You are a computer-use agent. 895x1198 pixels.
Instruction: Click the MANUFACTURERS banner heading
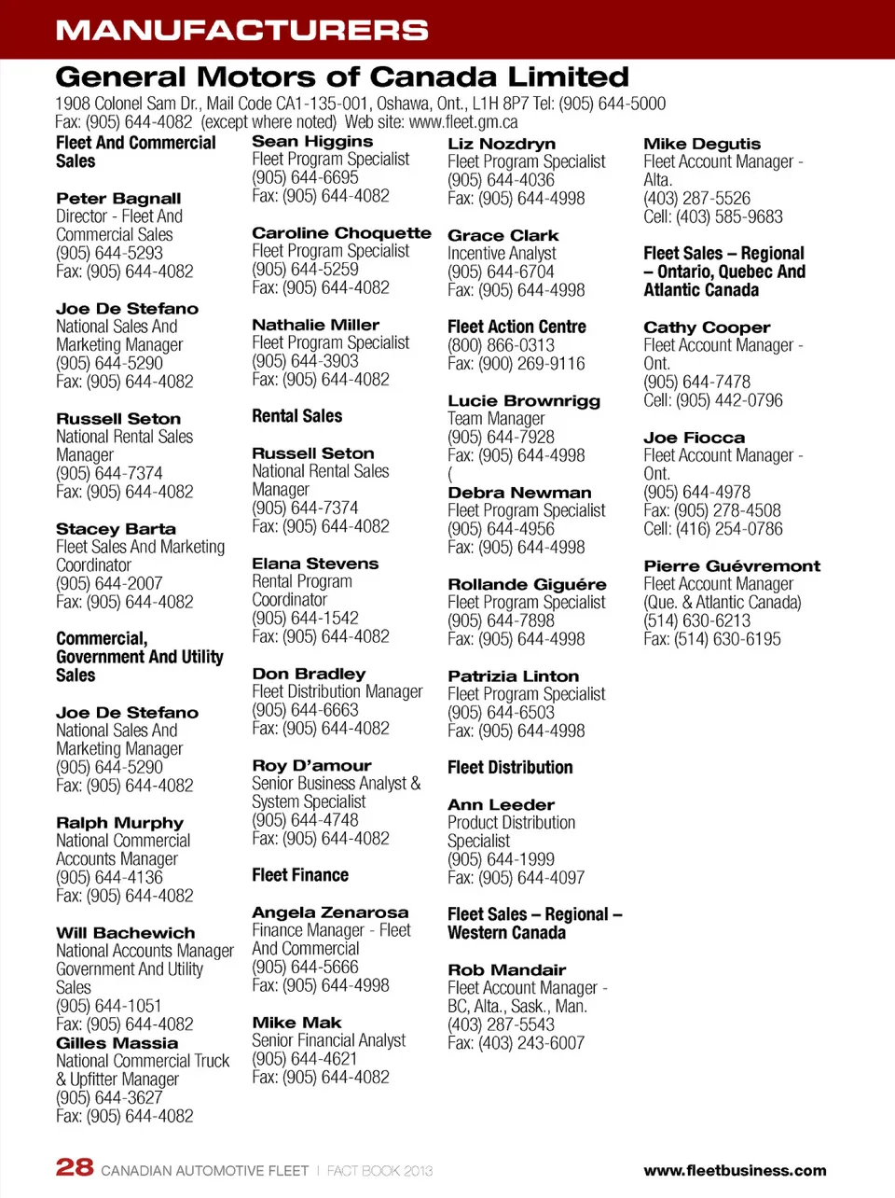click(x=241, y=30)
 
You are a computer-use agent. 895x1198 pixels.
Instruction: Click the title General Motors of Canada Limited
click(x=342, y=77)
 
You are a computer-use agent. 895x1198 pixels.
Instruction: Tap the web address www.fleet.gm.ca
click(x=463, y=122)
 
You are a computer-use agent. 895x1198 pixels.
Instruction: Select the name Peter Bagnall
click(x=118, y=199)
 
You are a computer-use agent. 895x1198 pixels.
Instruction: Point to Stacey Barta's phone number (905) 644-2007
click(x=109, y=583)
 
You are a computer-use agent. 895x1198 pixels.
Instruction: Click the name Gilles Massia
click(x=117, y=1043)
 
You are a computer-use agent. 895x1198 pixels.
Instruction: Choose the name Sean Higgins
click(x=312, y=142)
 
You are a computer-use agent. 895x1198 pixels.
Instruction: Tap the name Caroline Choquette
click(x=341, y=233)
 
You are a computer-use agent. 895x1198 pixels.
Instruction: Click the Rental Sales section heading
click(x=296, y=416)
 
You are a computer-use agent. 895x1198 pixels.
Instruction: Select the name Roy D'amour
click(x=311, y=766)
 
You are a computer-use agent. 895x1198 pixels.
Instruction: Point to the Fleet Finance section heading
click(x=300, y=875)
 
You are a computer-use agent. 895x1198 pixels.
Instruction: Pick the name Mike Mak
click(x=296, y=1023)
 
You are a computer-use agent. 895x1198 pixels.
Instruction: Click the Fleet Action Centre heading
click(x=516, y=327)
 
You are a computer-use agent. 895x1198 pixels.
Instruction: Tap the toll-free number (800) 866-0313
click(x=501, y=345)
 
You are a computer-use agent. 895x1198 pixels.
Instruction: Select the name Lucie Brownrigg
click(x=524, y=401)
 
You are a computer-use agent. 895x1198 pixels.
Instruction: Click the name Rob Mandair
click(x=506, y=970)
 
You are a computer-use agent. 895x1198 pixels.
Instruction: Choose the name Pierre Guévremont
click(x=732, y=566)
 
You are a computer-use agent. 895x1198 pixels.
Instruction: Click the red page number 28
click(x=75, y=1167)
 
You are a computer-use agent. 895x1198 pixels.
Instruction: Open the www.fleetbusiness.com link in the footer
click(x=735, y=1171)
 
